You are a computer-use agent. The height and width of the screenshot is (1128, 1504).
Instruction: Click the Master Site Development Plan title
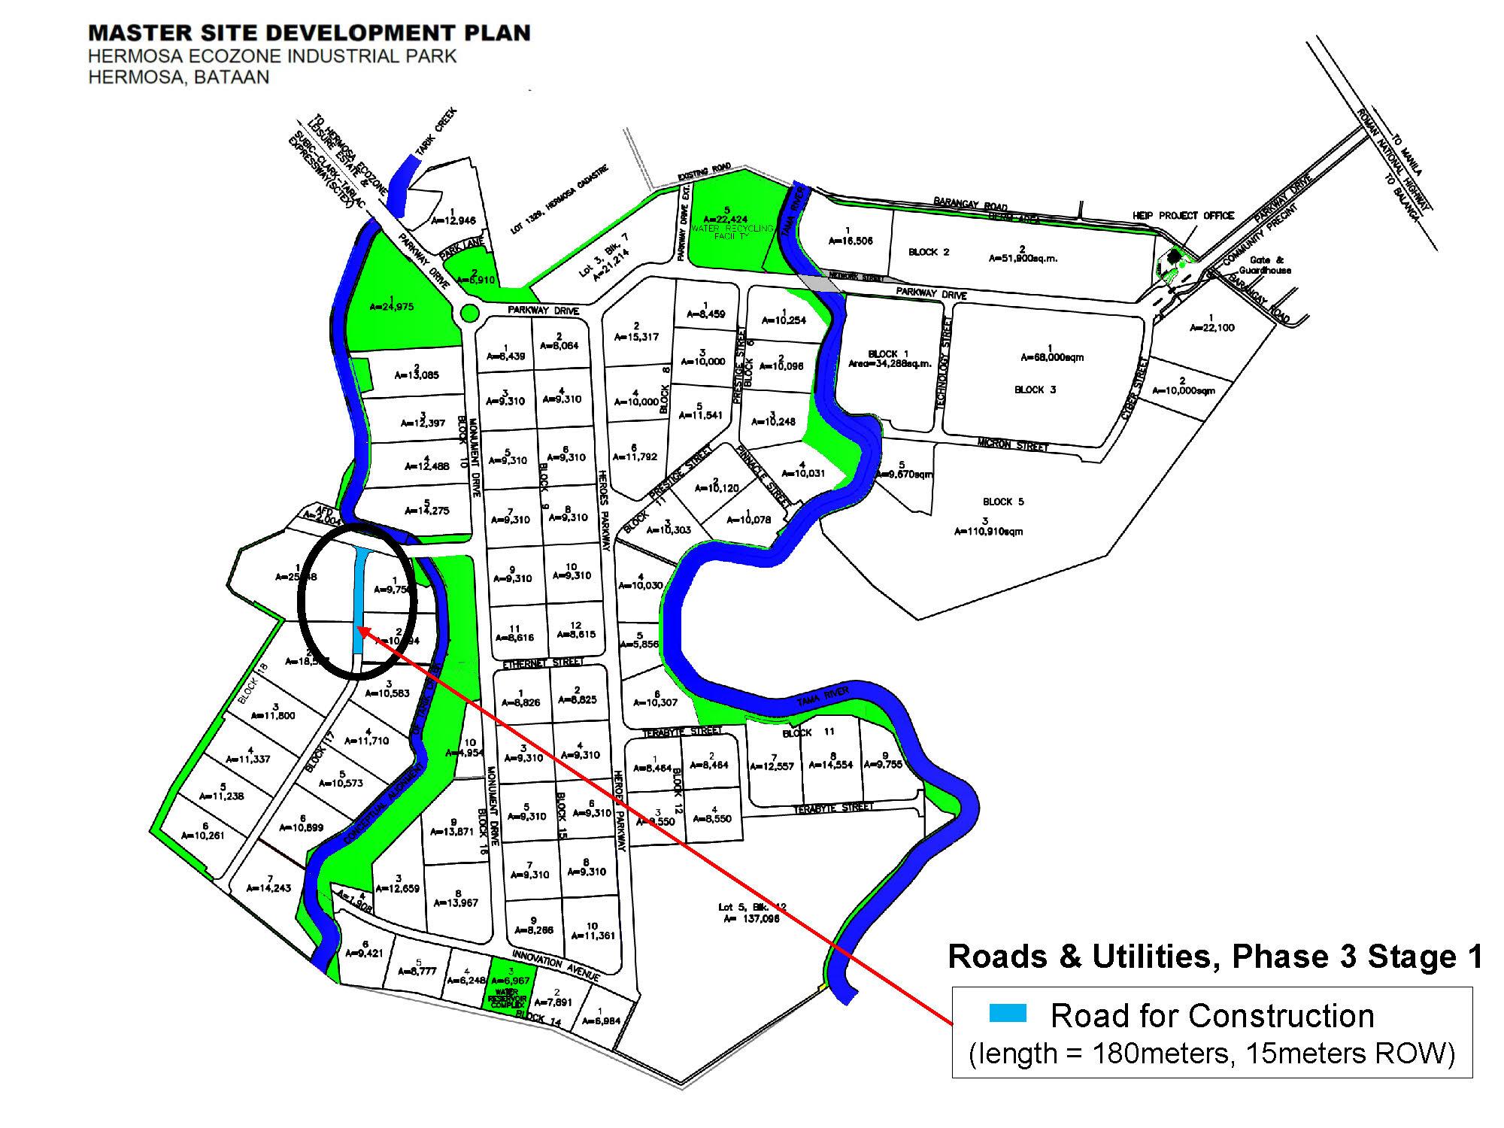(309, 34)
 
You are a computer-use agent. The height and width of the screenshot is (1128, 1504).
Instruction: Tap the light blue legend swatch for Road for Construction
(1008, 1014)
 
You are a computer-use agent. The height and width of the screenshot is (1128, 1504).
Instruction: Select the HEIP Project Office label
(1183, 216)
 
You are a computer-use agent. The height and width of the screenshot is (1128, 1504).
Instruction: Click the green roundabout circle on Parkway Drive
(470, 312)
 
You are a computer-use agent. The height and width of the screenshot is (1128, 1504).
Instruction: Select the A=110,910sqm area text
(988, 531)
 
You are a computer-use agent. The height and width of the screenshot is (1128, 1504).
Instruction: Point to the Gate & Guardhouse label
(1270, 265)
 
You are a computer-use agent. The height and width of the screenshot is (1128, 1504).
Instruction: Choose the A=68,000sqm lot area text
(1052, 357)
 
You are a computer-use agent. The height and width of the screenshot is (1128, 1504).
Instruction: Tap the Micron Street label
(1013, 444)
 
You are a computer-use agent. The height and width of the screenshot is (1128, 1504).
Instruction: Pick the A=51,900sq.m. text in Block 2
(1022, 258)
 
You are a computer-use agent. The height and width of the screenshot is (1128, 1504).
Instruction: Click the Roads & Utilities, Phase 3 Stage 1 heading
(1215, 957)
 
